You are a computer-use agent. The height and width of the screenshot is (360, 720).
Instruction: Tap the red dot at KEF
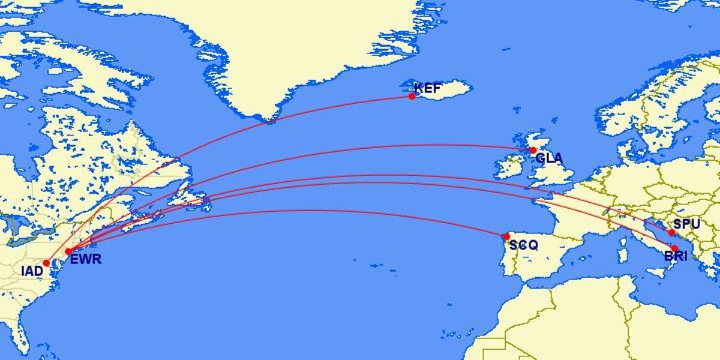pos(412,96)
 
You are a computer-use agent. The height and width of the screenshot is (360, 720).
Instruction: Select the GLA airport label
pos(549,159)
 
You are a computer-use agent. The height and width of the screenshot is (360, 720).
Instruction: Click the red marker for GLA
pos(533,150)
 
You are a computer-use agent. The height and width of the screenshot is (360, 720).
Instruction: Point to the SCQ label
pos(524,245)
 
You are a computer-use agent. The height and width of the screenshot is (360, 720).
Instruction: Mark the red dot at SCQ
pos(506,236)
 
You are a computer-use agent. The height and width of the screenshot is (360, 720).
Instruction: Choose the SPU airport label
pos(686,224)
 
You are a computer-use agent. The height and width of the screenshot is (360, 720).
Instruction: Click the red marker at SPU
pos(671,232)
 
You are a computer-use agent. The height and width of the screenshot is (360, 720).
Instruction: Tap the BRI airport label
pos(676,257)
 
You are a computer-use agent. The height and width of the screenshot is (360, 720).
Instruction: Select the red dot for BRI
pos(674,248)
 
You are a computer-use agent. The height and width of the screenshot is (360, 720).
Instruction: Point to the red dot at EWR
pos(68,251)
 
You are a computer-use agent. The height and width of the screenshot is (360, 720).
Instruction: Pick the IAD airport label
pos(32,271)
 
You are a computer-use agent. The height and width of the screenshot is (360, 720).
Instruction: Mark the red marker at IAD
pos(46,263)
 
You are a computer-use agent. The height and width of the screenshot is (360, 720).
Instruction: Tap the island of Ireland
pos(508,167)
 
